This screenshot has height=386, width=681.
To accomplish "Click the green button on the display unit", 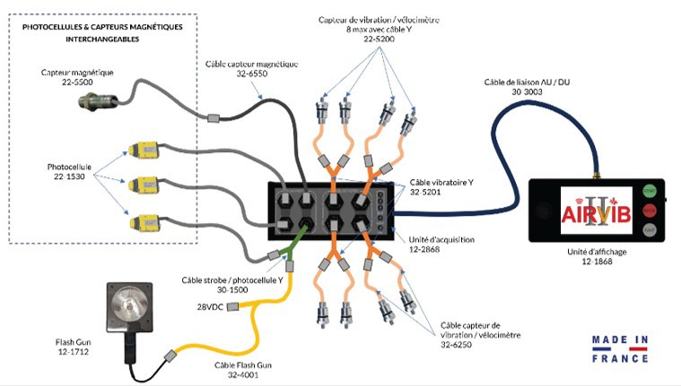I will tap(649, 191).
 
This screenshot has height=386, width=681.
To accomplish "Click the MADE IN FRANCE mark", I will tap(620, 348).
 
